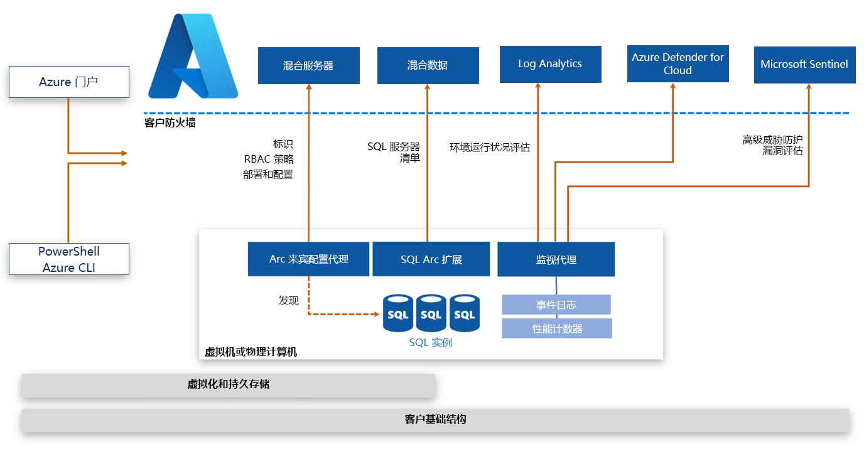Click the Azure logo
click(x=193, y=57)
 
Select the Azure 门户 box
click(x=69, y=82)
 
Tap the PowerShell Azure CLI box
click(x=69, y=259)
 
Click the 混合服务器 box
click(x=308, y=65)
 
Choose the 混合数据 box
click(x=428, y=65)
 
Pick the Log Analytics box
click(x=550, y=64)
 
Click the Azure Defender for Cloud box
click(x=678, y=64)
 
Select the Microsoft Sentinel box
click(x=804, y=64)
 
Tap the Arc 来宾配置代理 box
click(x=308, y=259)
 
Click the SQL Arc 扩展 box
click(x=431, y=259)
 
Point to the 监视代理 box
click(x=556, y=259)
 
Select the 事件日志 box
click(x=556, y=305)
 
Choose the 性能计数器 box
click(x=557, y=328)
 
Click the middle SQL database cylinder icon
click(x=431, y=313)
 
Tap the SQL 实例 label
click(x=431, y=343)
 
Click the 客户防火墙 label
click(x=170, y=123)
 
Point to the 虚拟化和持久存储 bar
click(x=228, y=384)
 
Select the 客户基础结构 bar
click(x=435, y=419)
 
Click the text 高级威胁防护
click(x=772, y=139)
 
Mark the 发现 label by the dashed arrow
click(x=289, y=300)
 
